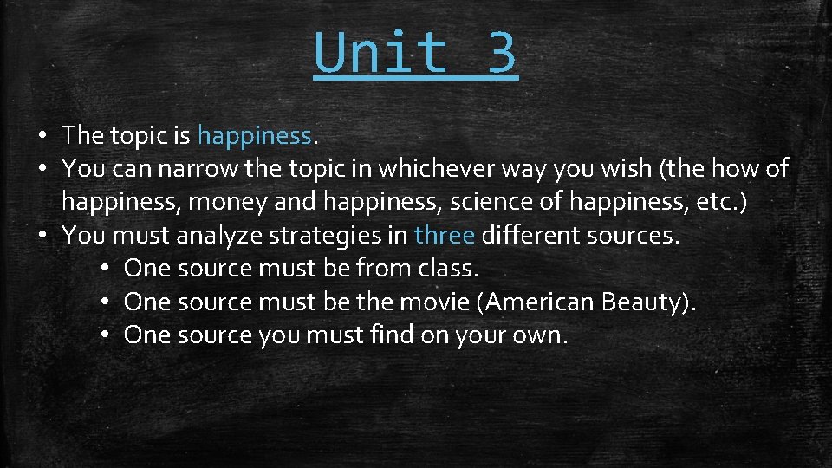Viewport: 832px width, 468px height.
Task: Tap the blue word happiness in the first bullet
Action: pos(254,135)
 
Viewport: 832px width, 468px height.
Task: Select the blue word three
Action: pos(445,235)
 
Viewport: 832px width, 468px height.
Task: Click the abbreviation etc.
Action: pos(723,202)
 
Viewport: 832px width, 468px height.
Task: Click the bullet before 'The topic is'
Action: pos(42,136)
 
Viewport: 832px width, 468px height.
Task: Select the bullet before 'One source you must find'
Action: pos(104,335)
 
